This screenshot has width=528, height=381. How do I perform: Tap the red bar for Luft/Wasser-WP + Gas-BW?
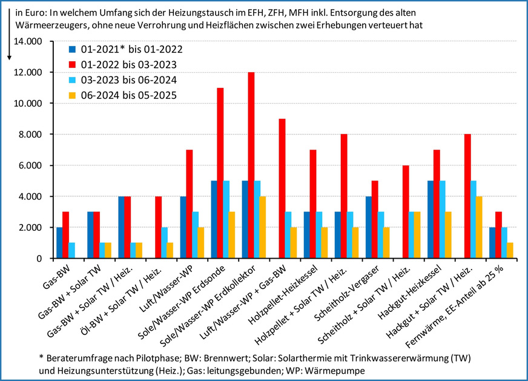click(282, 188)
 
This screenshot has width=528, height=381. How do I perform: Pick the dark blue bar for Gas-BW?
click(59, 242)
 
